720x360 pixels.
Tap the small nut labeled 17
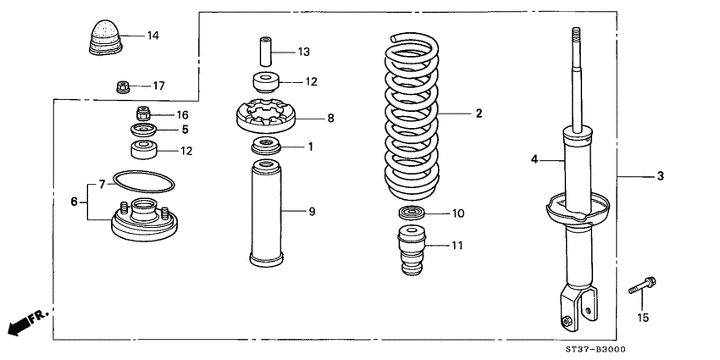[121, 86]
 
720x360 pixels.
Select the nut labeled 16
[143, 114]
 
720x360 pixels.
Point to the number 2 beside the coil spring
[479, 113]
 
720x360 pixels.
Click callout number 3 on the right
[660, 176]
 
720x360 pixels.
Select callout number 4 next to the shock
[535, 158]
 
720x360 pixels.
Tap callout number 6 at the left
[74, 202]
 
